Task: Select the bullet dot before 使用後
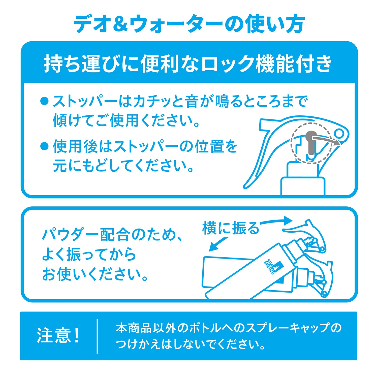tap(44, 146)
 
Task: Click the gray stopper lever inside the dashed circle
tap(310, 144)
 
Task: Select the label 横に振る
tap(230, 228)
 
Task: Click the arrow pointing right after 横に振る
tap(277, 221)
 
